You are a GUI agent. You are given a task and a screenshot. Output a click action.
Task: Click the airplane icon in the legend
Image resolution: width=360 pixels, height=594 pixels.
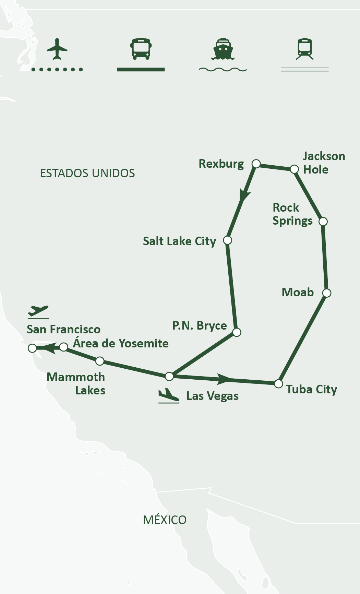coord(57,49)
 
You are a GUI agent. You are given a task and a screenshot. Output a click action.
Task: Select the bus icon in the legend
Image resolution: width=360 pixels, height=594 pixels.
coord(141,49)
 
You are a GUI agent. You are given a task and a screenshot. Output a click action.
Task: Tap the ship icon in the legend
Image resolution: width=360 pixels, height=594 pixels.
coord(223,49)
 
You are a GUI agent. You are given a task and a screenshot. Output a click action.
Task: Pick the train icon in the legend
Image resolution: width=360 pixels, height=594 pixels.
coord(304,49)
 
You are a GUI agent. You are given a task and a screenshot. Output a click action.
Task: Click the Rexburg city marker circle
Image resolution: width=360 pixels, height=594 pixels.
coord(256,164)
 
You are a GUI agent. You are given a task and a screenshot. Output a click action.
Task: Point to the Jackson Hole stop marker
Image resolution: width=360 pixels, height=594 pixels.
coord(294,169)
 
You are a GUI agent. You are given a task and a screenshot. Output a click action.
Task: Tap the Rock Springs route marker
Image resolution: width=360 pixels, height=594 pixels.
coord(323,222)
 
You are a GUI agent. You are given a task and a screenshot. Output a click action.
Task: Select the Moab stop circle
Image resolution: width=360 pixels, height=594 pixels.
coord(327,293)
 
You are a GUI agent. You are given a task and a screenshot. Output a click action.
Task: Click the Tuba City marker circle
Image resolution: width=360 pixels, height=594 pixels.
coord(279,383)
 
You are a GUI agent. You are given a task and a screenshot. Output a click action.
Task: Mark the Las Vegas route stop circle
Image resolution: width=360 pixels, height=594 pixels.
coord(169,376)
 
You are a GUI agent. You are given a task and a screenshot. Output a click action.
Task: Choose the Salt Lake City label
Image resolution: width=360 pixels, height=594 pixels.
coord(179,241)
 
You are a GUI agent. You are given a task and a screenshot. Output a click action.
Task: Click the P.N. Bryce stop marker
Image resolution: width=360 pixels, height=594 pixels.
coord(237,332)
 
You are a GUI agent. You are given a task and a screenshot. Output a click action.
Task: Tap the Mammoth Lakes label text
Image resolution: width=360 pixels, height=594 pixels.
coord(76,384)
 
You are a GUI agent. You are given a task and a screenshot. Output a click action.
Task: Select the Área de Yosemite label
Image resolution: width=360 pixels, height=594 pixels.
coord(121,343)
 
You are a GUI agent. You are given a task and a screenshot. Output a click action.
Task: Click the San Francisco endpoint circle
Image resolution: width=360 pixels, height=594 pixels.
coord(32,348)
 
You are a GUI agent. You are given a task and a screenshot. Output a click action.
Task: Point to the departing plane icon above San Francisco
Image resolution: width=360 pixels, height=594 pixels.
coord(38,311)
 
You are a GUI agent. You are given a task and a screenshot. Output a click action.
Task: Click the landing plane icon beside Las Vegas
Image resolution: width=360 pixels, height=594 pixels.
coord(169,396)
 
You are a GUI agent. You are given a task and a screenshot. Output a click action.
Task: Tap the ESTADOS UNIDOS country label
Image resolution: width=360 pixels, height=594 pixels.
coord(87,173)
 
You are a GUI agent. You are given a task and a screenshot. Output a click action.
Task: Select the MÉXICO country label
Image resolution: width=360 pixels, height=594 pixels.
coord(165,520)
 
